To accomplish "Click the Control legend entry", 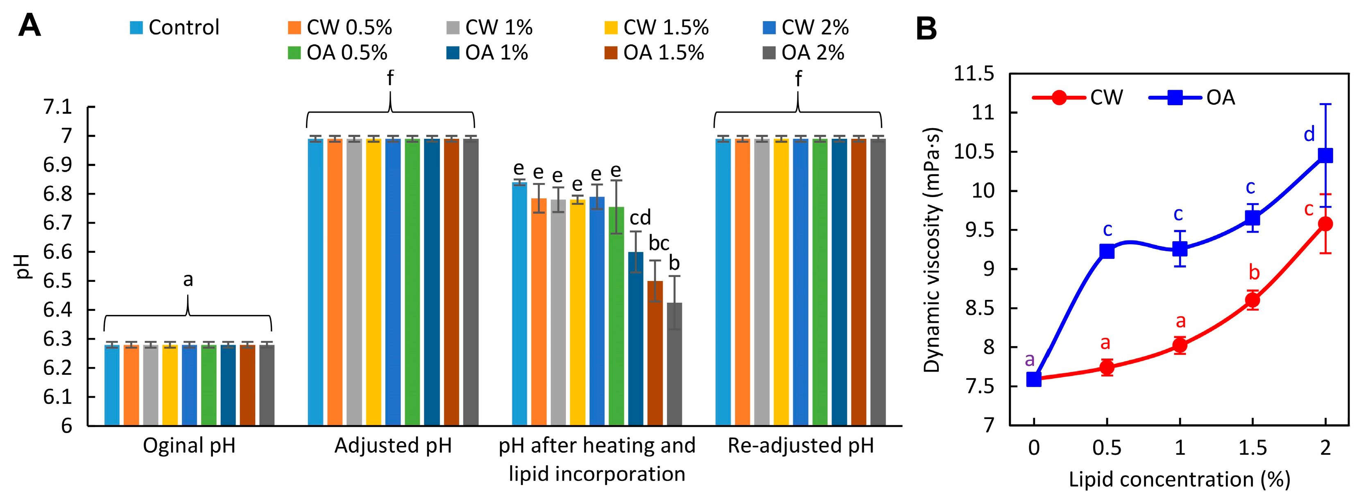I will pyautogui.click(x=174, y=27).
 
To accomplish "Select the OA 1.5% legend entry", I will pyautogui.click(x=654, y=53).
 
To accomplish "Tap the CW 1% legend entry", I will pyautogui.click(x=489, y=27).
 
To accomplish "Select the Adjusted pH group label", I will pyautogui.click(x=393, y=446).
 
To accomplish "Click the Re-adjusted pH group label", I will pyautogui.click(x=800, y=446).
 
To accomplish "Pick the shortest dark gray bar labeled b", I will pyautogui.click(x=674, y=364).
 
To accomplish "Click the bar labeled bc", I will pyautogui.click(x=655, y=354).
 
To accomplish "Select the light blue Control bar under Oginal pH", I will pyautogui.click(x=111, y=385).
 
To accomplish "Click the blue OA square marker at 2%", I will pyautogui.click(x=1325, y=155).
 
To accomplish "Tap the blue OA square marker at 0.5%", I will pyautogui.click(x=1107, y=251).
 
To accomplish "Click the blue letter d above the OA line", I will pyautogui.click(x=1309, y=135).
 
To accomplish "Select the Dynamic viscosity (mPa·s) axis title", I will pyautogui.click(x=933, y=250).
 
